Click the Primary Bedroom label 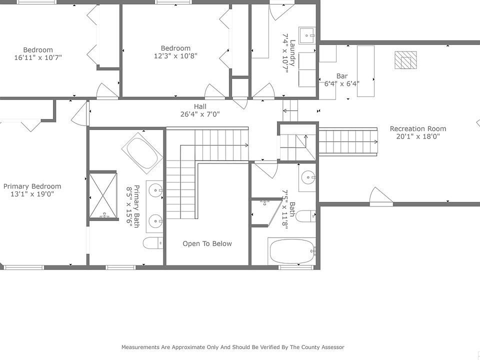(32, 186)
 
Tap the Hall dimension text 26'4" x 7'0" (200, 114)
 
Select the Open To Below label (207, 243)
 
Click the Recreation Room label (418, 128)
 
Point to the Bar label (342, 76)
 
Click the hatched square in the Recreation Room (405, 60)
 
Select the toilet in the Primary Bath (153, 243)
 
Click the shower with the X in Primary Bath (103, 195)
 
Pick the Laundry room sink (307, 36)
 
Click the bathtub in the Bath (292, 251)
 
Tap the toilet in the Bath (306, 216)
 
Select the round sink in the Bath (308, 177)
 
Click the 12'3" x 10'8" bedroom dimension (175, 55)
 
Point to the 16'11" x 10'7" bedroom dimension (38, 57)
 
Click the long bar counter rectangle (366, 71)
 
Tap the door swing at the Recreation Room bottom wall (381, 197)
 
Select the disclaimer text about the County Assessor (233, 347)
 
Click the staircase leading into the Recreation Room (348, 141)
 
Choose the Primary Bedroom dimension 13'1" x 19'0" (32, 194)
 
